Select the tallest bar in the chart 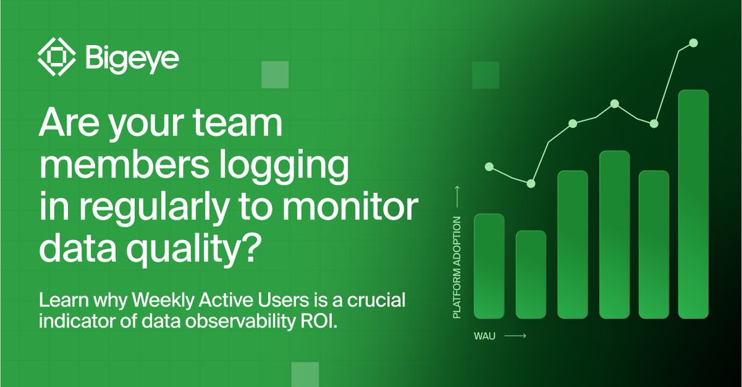pos(693,204)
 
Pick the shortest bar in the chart pos(531,274)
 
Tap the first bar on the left pos(489,266)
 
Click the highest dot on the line pos(693,43)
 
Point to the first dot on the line pos(489,166)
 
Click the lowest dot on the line pos(531,184)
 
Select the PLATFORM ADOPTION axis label pos(458,268)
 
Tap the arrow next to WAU pos(515,336)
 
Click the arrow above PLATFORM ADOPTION pos(458,197)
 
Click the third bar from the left pos(573,244)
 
